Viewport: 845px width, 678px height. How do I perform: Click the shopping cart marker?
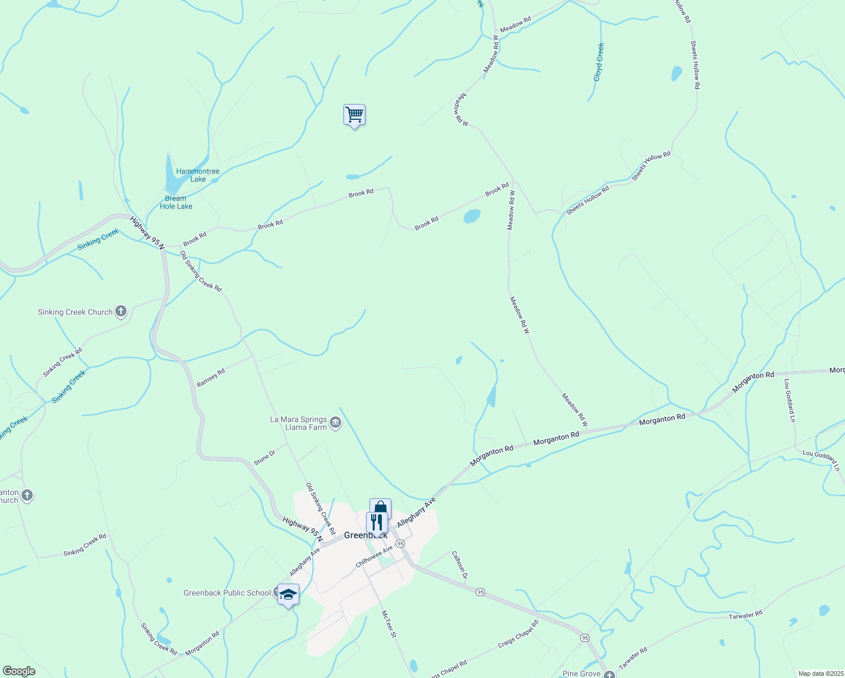click(354, 115)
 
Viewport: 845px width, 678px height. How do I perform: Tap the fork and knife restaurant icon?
click(377, 522)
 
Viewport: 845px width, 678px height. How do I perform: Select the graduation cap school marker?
click(288, 594)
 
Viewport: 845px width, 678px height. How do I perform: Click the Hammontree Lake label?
click(198, 175)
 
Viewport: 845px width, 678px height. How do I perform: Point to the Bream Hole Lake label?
click(176, 202)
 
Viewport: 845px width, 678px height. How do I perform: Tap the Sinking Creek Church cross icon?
click(120, 311)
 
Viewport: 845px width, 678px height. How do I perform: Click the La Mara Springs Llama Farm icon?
click(336, 423)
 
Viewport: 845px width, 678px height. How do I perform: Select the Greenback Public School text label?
click(227, 593)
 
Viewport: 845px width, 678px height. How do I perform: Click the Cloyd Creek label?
click(599, 62)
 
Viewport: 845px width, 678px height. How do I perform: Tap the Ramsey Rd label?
click(211, 377)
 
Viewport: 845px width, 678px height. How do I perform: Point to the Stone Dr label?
click(264, 458)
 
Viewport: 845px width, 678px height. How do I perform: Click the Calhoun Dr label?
click(459, 565)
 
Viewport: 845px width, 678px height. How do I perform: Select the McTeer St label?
click(389, 624)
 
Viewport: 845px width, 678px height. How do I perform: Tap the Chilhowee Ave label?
click(374, 557)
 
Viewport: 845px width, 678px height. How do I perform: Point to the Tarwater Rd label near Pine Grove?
click(633, 659)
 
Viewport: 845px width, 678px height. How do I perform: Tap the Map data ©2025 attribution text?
click(820, 673)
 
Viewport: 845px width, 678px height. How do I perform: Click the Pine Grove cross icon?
click(609, 674)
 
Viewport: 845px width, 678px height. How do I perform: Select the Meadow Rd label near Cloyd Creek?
click(515, 25)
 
